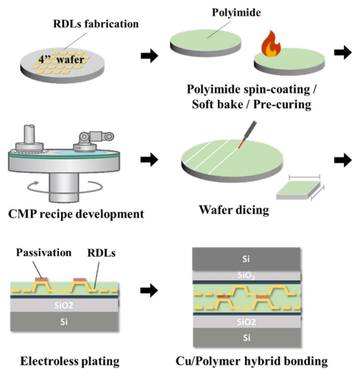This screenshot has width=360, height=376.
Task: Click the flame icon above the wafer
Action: coord(271,43)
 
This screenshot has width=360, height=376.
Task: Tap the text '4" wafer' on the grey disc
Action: coord(61,60)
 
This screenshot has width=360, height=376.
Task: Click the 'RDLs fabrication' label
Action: coord(96,24)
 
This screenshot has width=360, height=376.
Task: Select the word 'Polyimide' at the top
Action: coord(236,13)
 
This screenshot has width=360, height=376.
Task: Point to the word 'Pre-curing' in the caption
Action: coord(282,104)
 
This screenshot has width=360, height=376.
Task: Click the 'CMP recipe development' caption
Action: coord(76,214)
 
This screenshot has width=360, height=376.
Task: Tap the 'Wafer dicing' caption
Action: coord(234,210)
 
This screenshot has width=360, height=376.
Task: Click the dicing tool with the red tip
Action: coord(247,135)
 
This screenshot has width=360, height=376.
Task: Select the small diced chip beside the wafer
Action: coord(298,191)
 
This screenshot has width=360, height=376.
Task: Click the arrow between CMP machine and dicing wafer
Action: coord(149,160)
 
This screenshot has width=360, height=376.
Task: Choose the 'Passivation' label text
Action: coord(43,252)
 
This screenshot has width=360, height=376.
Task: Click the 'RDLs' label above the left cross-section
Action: coord(102,253)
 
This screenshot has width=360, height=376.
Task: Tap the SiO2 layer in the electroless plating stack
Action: coord(64,305)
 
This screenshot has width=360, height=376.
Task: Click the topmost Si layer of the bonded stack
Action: coord(247,259)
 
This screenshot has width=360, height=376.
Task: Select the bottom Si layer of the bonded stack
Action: coord(247,338)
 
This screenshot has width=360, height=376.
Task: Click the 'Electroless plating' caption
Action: coord(70,361)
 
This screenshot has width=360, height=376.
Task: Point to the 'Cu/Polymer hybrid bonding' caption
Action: coord(252,361)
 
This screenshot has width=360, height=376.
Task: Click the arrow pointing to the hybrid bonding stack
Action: coord(149,291)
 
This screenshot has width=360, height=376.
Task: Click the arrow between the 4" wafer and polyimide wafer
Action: coord(149,56)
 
